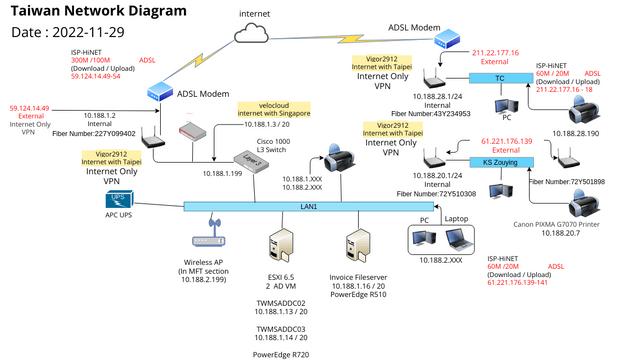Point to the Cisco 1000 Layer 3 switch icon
pyautogui.click(x=251, y=161)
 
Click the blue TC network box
pyautogui.click(x=500, y=77)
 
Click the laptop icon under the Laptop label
pyautogui.click(x=459, y=238)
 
